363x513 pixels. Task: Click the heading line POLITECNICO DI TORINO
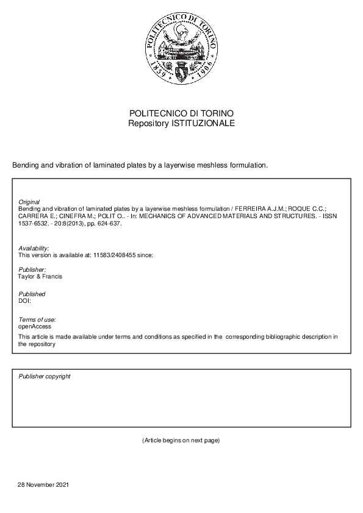click(x=181, y=113)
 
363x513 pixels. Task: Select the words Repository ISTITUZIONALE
click(x=181, y=123)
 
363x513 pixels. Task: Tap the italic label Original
click(x=29, y=202)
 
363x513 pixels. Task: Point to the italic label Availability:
click(x=34, y=248)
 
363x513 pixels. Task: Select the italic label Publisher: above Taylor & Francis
click(x=32, y=269)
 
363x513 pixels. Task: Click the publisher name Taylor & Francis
click(x=40, y=277)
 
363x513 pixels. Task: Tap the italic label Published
click(x=32, y=294)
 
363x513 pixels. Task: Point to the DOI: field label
click(x=24, y=301)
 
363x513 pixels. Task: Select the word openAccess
click(x=35, y=327)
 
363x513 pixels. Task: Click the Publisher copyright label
click(x=45, y=377)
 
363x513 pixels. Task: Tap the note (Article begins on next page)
click(x=181, y=440)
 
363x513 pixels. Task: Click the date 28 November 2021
click(x=43, y=485)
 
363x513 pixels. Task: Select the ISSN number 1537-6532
click(x=32, y=223)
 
